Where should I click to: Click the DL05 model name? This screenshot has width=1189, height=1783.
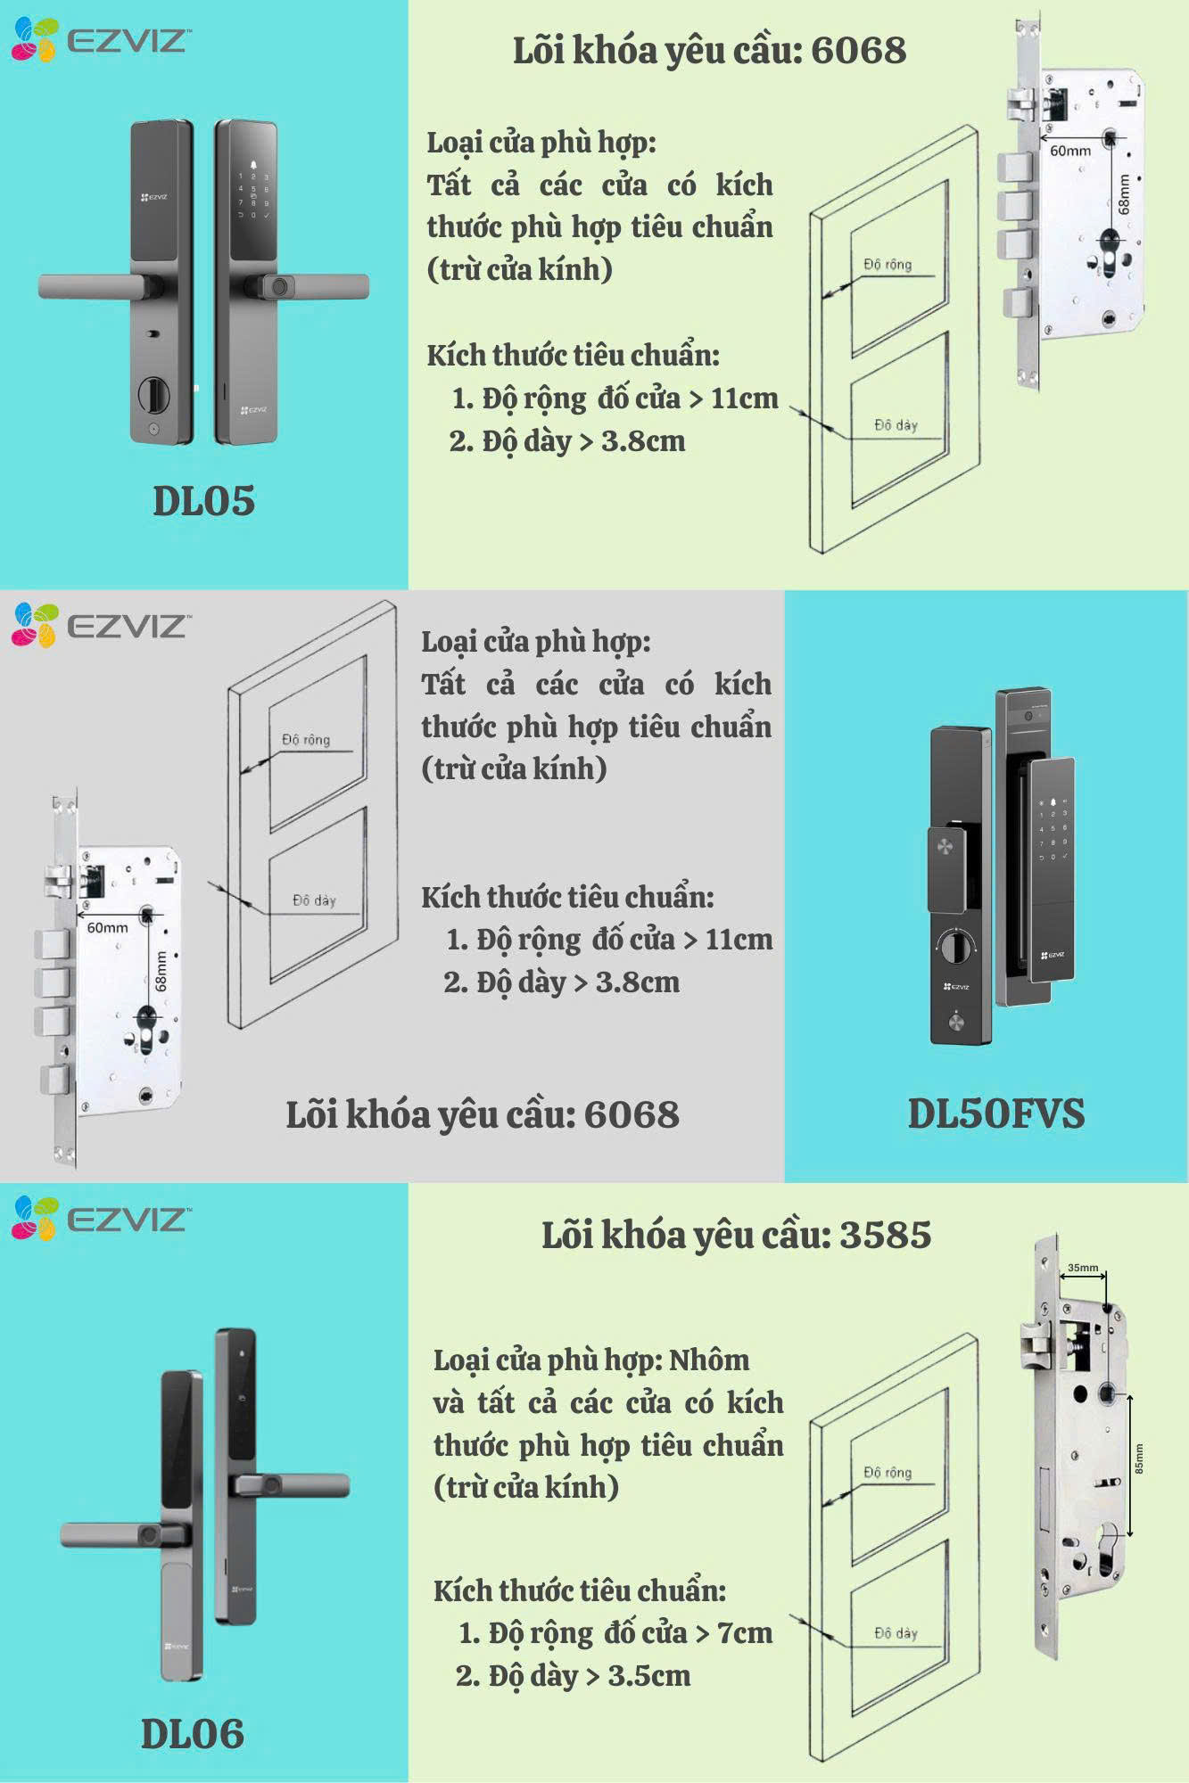click(203, 501)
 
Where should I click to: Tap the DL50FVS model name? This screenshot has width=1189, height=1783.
click(995, 1113)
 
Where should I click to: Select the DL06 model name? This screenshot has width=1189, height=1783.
click(192, 1734)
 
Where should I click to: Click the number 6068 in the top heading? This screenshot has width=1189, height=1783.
click(858, 50)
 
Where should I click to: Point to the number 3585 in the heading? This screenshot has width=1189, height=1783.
click(885, 1235)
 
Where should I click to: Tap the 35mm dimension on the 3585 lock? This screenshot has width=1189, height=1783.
click(1083, 1268)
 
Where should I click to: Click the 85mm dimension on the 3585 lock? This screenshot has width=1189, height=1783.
click(1139, 1458)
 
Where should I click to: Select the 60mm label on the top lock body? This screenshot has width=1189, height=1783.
click(1069, 152)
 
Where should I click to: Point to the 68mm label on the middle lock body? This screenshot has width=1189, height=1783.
click(161, 970)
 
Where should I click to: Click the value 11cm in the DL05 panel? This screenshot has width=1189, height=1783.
click(744, 398)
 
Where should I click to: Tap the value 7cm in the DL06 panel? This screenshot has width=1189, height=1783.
click(745, 1632)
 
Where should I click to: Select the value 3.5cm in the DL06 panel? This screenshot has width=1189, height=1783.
click(648, 1675)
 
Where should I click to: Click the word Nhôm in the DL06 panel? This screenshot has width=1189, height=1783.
click(709, 1360)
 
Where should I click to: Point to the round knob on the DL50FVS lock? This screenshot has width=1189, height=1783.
click(954, 945)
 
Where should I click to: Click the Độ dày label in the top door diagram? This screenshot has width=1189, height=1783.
click(896, 425)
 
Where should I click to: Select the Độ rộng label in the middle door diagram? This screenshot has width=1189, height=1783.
click(306, 739)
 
